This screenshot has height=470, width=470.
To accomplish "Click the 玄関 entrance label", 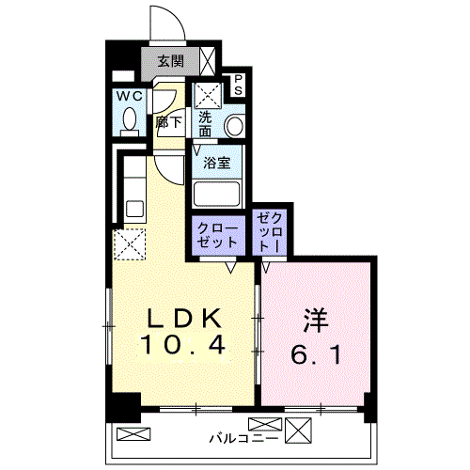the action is click(x=170, y=61).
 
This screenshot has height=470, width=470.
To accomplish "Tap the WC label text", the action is click(x=130, y=97).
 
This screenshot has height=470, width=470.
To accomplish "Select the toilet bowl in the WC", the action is click(x=130, y=119).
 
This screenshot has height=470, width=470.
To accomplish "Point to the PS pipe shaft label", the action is click(x=239, y=85).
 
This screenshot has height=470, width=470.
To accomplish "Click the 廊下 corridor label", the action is click(x=169, y=122).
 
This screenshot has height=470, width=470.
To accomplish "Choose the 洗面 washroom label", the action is click(x=205, y=124).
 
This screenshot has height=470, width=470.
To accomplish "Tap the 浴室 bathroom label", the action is click(x=217, y=163).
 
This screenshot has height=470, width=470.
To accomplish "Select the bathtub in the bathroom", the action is click(x=217, y=195).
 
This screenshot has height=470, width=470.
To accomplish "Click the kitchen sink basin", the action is click(x=134, y=209).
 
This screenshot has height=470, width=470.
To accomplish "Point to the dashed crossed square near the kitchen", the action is click(x=130, y=244).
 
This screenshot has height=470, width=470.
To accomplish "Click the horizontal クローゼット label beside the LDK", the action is click(x=217, y=236).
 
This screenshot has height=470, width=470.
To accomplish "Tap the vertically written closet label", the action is click(x=270, y=232).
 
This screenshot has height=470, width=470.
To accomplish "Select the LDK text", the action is click(x=184, y=319).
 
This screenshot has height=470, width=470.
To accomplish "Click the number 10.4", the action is click(x=183, y=345).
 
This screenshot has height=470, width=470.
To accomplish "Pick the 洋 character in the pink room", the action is click(x=316, y=321).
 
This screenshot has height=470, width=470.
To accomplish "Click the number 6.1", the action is click(x=316, y=354).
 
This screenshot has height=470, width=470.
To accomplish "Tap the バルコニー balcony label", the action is click(x=243, y=438).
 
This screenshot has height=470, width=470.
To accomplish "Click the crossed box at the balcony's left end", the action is click(x=133, y=434).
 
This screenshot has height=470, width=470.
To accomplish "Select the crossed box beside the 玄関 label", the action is click(x=208, y=61).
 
